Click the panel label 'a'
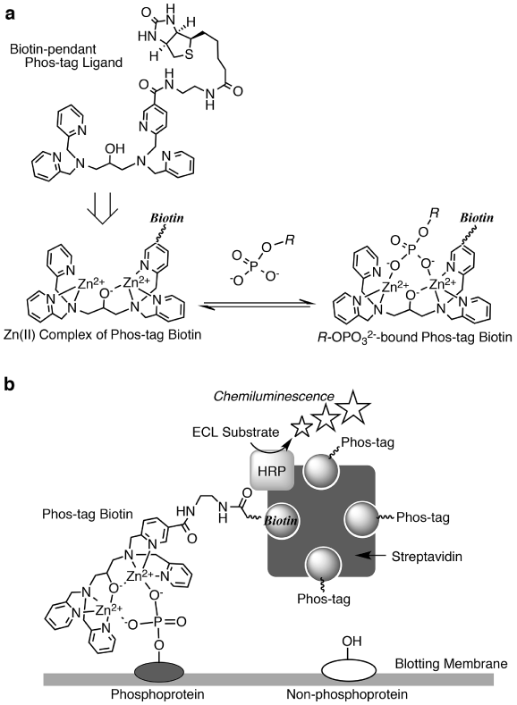tap(10, 14)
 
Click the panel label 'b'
tap(11, 384)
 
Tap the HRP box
tap(271, 471)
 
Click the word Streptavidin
tap(427, 556)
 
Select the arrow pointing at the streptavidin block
tap(370, 556)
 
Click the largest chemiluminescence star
tap(354, 406)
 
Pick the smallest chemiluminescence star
tap(301, 426)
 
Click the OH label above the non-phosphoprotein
tap(352, 641)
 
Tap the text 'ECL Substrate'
tap(235, 432)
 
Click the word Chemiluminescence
tap(274, 396)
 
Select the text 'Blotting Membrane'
tap(451, 664)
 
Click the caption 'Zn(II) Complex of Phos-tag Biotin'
tap(103, 334)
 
